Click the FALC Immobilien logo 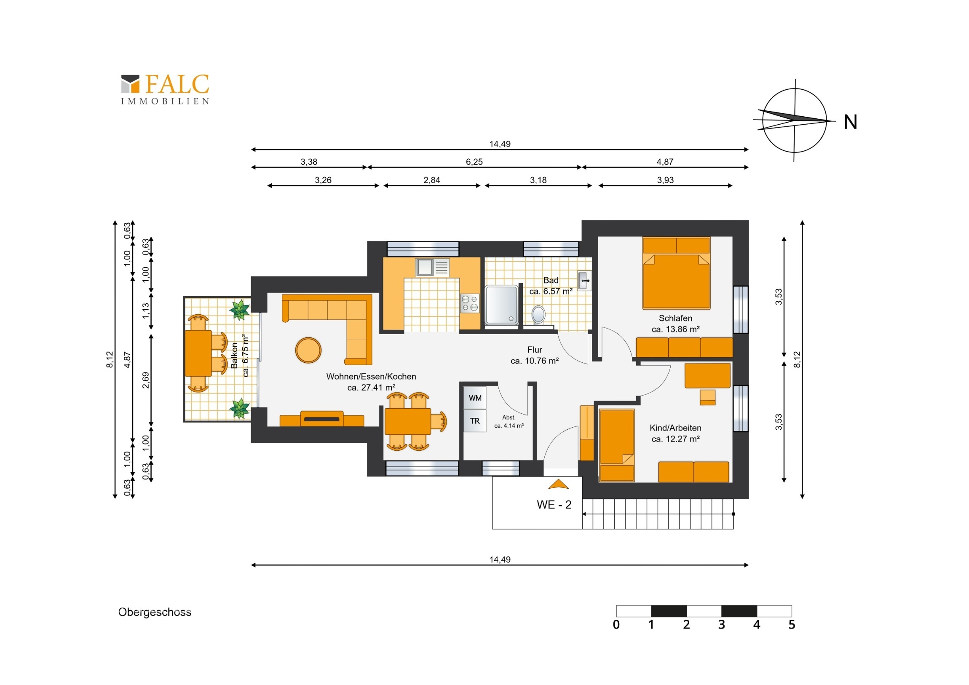165,89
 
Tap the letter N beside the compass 851,123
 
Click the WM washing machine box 475,398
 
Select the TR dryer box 475,421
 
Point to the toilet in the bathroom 538,315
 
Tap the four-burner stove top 470,303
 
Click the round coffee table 308,350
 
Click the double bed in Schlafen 676,273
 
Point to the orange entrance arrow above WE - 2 558,484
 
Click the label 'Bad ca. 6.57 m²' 551,286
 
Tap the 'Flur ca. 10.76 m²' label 535,356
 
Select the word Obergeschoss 155,613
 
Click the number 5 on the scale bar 792,625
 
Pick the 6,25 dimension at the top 474,162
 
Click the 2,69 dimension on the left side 146,380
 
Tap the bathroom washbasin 584,281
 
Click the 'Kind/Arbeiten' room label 675,428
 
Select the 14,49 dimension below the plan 500,559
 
